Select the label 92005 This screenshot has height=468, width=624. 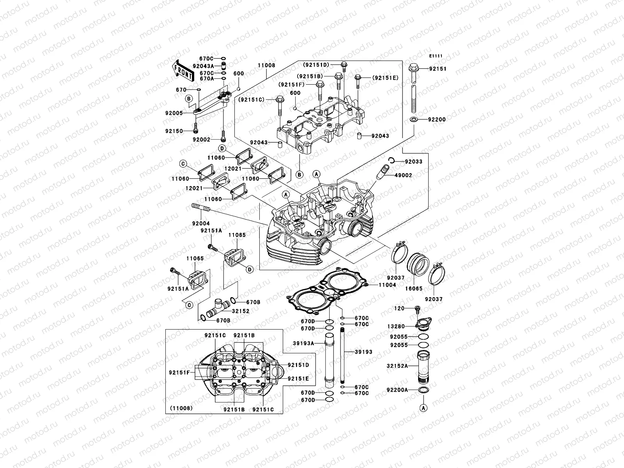tap(174, 113)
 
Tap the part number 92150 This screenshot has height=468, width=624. tap(174, 131)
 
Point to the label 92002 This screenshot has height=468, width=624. tap(201, 139)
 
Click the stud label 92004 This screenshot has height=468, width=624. tap(200, 223)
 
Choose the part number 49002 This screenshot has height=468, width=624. tap(403, 175)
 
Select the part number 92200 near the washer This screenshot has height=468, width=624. tap(437, 119)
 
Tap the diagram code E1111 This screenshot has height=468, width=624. tap(436, 56)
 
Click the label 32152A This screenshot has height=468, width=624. tap(397, 366)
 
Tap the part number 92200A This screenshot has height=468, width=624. tap(397, 390)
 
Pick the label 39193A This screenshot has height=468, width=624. tap(303, 343)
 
